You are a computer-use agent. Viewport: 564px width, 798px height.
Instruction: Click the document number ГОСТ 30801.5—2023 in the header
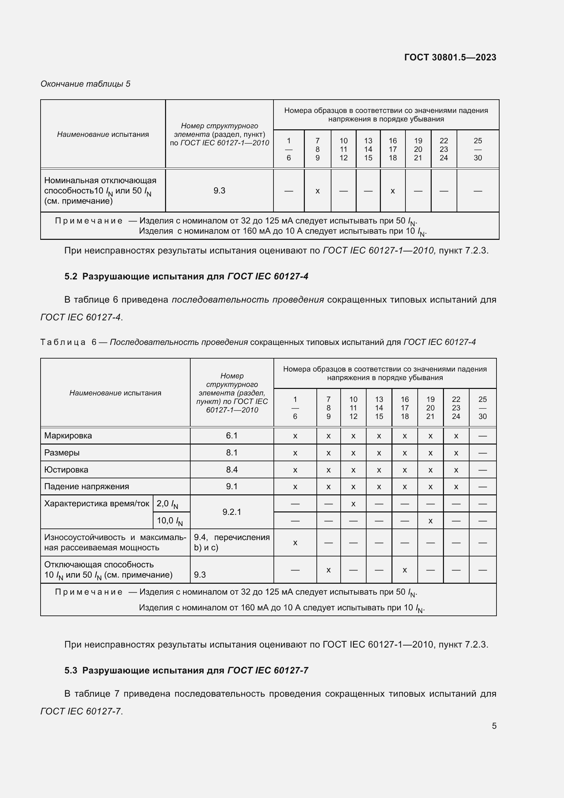(450, 57)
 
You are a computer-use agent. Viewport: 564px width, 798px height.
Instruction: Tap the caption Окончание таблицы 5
(86, 84)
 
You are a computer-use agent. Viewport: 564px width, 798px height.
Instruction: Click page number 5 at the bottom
(494, 726)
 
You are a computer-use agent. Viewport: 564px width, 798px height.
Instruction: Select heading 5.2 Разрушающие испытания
(186, 276)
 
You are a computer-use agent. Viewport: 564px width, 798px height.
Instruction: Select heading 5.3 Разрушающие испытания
(186, 670)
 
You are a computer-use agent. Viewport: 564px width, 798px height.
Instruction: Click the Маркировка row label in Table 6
(68, 435)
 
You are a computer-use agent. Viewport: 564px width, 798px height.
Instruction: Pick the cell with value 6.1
(232, 435)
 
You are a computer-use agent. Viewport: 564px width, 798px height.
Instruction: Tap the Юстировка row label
(66, 469)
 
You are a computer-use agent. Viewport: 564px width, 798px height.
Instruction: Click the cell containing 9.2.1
(232, 512)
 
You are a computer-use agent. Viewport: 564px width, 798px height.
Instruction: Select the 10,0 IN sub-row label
(170, 521)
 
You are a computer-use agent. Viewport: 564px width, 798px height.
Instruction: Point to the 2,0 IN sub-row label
(167, 504)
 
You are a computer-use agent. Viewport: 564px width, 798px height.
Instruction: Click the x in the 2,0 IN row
(353, 504)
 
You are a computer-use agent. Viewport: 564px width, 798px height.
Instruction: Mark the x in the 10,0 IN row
(430, 521)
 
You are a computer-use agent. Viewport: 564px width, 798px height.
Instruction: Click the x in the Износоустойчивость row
(295, 542)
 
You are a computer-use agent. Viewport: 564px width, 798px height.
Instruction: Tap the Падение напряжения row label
(87, 487)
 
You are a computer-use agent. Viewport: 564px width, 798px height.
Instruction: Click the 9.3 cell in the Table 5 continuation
(219, 190)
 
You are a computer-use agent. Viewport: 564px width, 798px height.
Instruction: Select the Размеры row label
(62, 452)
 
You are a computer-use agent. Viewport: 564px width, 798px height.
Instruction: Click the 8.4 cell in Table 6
(232, 469)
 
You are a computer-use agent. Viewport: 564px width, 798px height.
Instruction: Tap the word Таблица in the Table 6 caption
(63, 342)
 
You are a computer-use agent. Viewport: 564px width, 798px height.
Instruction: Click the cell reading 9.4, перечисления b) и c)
(232, 542)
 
